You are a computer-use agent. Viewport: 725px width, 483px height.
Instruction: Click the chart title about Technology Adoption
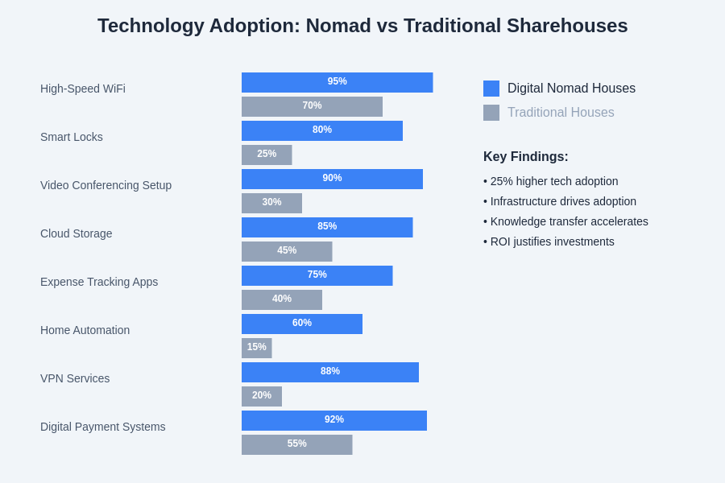pyautogui.click(x=362, y=26)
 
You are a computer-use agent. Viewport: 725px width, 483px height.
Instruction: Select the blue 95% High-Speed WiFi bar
pyautogui.click(x=337, y=82)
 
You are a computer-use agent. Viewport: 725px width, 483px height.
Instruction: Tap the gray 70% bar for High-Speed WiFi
pyautogui.click(x=312, y=106)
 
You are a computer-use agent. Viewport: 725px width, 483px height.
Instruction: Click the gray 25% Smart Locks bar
pyautogui.click(x=267, y=155)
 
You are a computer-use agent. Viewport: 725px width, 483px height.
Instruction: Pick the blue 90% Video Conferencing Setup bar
pyautogui.click(x=332, y=179)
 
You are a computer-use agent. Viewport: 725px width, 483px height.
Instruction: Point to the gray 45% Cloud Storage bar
pyautogui.click(x=287, y=251)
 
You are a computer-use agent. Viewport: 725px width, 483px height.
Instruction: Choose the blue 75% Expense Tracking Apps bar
pyautogui.click(x=317, y=275)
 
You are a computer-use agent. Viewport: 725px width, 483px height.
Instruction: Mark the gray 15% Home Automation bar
pyautogui.click(x=256, y=348)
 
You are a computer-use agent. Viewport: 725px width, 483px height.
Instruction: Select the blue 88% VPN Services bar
pyautogui.click(x=330, y=372)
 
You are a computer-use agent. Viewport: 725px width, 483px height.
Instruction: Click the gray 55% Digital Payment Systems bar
pyautogui.click(x=296, y=444)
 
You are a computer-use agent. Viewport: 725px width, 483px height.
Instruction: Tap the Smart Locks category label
pyautogui.click(x=72, y=137)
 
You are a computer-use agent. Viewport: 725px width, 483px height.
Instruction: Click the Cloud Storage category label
pyautogui.click(x=77, y=233)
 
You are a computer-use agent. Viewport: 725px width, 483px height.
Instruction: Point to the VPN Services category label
pyautogui.click(x=75, y=378)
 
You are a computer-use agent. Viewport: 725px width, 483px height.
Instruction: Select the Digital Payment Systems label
pyautogui.click(x=103, y=427)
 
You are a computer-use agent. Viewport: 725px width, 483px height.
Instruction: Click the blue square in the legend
pyautogui.click(x=491, y=89)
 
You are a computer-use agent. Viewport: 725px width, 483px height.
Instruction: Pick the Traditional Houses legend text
pyautogui.click(x=561, y=113)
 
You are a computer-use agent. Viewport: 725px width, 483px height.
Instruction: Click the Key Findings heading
pyautogui.click(x=526, y=157)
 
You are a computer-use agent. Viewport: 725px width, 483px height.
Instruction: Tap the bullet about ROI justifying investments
pyautogui.click(x=549, y=242)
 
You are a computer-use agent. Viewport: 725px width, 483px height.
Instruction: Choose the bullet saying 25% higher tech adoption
pyautogui.click(x=551, y=181)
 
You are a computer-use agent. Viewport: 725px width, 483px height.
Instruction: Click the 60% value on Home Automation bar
pyautogui.click(x=302, y=323)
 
